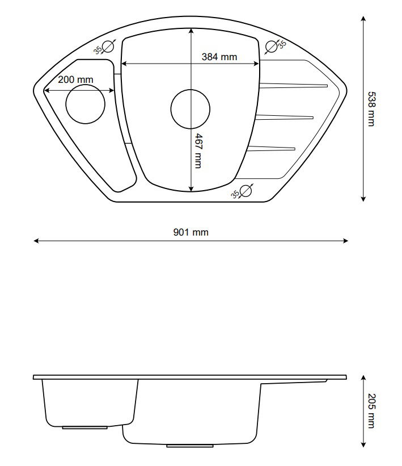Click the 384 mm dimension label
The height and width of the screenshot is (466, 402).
pyautogui.click(x=219, y=57)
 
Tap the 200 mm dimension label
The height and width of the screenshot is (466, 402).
pyautogui.click(x=75, y=79)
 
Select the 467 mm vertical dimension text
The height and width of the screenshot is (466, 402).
pyautogui.click(x=198, y=151)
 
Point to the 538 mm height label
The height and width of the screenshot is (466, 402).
pyautogui.click(x=371, y=109)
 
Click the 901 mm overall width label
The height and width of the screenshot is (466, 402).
pyautogui.click(x=191, y=232)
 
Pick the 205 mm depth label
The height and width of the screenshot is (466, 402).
pyautogui.click(x=371, y=411)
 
